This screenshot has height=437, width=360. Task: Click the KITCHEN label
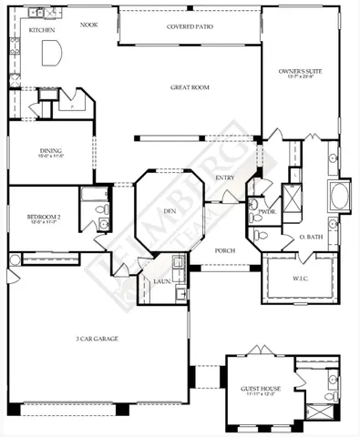(x=42, y=30)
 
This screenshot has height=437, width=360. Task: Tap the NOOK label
(x=88, y=25)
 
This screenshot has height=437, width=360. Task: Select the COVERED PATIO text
(x=189, y=26)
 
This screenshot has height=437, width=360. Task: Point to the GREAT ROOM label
(x=190, y=88)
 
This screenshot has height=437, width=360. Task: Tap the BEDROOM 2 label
(x=43, y=216)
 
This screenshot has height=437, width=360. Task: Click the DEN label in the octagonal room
(x=169, y=211)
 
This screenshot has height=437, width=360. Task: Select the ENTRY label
(x=225, y=178)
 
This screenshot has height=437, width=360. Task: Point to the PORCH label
(x=224, y=249)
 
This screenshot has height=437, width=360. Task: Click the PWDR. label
(x=267, y=211)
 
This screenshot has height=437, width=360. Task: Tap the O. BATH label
(x=309, y=238)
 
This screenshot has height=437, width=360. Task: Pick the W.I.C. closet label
(x=301, y=279)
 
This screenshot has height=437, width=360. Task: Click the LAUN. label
(x=161, y=281)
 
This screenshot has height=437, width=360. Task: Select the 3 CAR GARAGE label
(x=97, y=339)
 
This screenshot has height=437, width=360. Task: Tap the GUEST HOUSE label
(x=261, y=388)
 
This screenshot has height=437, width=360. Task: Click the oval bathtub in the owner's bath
(x=339, y=196)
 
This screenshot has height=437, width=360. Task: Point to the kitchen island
(x=52, y=54)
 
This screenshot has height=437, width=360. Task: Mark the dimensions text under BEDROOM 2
(x=43, y=222)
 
